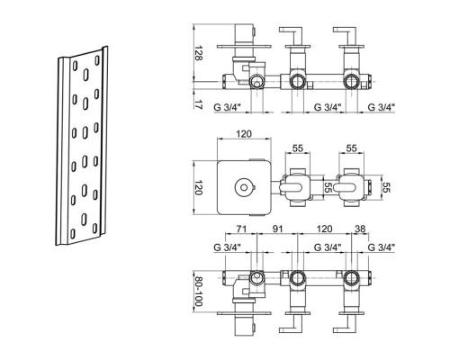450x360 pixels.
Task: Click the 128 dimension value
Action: click(x=198, y=53)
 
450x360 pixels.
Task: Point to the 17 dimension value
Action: click(x=198, y=104)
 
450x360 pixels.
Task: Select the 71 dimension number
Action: click(x=241, y=229)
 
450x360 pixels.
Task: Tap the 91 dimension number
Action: click(x=278, y=229)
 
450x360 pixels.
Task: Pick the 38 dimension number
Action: click(x=360, y=229)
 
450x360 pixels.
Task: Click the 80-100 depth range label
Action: click(x=198, y=292)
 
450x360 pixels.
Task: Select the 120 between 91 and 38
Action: click(x=324, y=229)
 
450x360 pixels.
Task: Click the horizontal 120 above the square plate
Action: click(x=244, y=134)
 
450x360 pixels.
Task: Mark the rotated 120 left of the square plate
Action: click(x=198, y=187)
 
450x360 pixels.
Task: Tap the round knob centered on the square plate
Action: click(x=244, y=188)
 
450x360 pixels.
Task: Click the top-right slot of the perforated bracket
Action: click(x=97, y=60)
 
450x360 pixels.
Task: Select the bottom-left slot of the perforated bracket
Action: click(x=72, y=233)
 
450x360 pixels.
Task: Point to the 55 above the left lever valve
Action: click(x=298, y=148)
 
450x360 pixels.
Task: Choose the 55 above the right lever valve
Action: click(x=352, y=148)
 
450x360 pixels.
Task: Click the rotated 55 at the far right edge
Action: click(x=386, y=188)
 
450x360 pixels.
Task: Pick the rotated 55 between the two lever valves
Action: click(x=328, y=188)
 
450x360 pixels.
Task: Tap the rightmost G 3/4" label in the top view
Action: click(x=382, y=107)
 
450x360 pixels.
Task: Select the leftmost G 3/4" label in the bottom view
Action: click(x=228, y=247)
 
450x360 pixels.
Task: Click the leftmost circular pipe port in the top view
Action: click(x=256, y=81)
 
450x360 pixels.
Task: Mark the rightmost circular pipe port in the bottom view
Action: click(x=351, y=277)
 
